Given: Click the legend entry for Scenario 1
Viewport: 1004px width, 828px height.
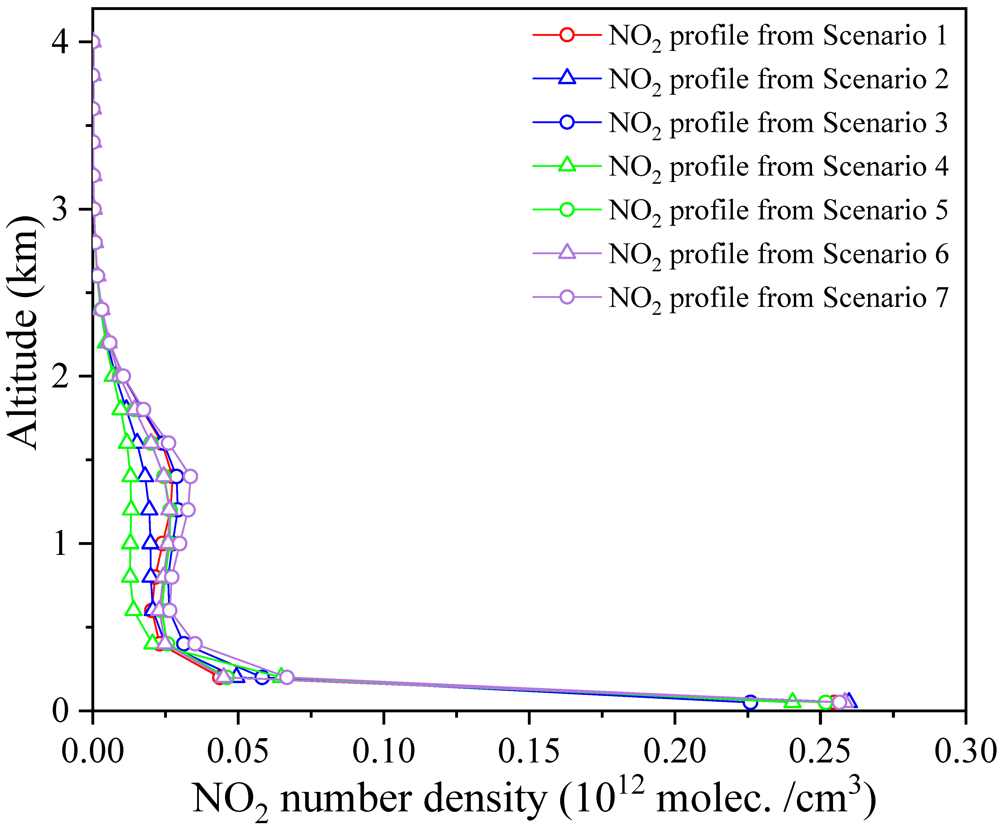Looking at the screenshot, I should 777,36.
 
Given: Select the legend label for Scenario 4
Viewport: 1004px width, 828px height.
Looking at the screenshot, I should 777,166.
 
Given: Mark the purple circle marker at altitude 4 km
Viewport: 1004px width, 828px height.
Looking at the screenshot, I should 94,42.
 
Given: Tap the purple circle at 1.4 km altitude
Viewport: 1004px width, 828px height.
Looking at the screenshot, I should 190,476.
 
